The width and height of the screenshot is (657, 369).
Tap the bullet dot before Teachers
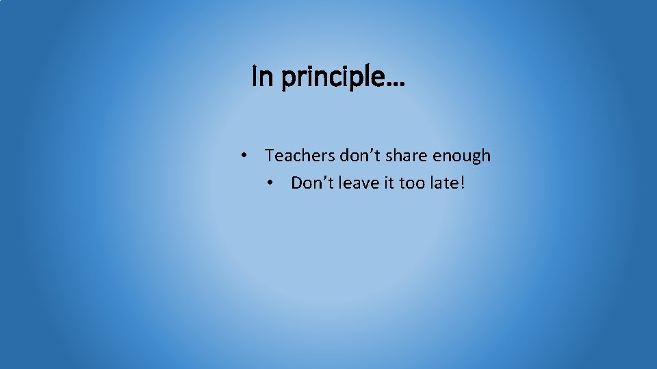tap(244, 156)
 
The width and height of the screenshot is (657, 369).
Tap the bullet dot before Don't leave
tap(270, 183)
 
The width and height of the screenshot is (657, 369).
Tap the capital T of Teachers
tap(270, 156)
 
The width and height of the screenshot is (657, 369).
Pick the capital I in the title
tap(255, 77)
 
